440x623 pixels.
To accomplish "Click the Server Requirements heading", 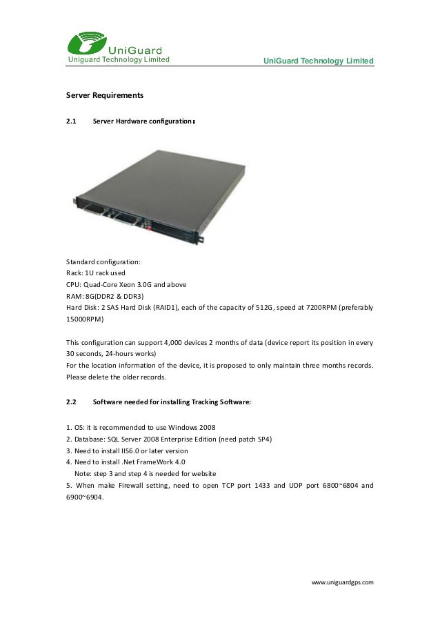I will [x=104, y=94].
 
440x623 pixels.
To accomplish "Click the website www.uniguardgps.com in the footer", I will [x=343, y=583].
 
